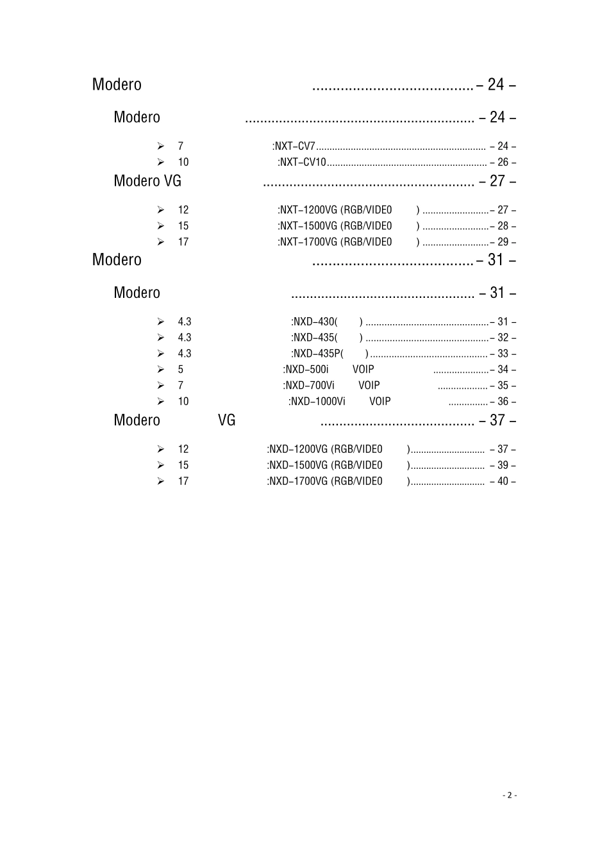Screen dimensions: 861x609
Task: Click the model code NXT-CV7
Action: pos(295,146)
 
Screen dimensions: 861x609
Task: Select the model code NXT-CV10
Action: pos(303,162)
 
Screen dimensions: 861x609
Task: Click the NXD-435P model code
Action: pos(318,354)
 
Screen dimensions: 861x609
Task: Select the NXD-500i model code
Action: pos(307,370)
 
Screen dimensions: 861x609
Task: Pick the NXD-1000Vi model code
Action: pos(318,402)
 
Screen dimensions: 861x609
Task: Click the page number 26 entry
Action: pos(503,162)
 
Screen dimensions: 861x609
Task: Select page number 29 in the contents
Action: pos(503,242)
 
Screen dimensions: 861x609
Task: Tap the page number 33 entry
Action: pos(503,354)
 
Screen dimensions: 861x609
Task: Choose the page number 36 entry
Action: pos(503,402)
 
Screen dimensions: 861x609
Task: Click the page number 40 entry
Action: pos(503,481)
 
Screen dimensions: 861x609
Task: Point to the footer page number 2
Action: pos(510,795)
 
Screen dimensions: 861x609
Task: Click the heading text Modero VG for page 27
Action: pos(147,181)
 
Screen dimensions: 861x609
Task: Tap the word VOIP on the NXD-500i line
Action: pos(363,370)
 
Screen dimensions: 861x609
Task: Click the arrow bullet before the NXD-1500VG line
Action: pos(160,465)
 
